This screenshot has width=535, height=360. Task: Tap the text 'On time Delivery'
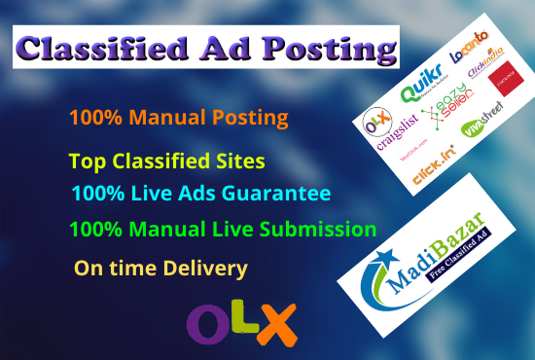coord(160,267)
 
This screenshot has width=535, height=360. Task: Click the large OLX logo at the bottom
coord(240,320)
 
